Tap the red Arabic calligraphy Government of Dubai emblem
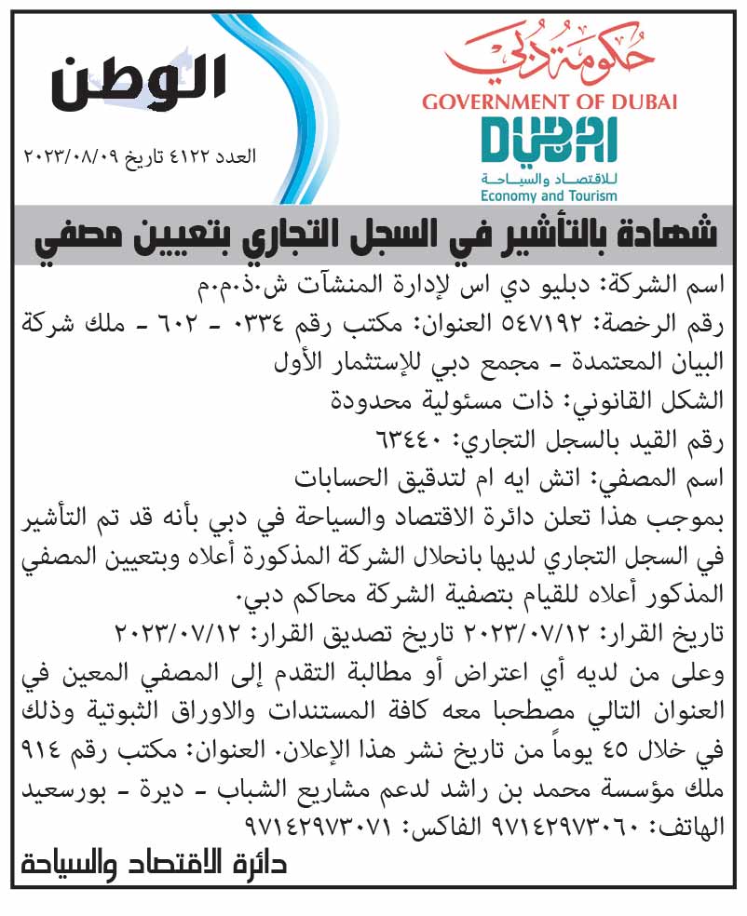click(x=549, y=55)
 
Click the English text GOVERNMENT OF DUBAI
click(x=549, y=101)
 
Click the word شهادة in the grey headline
click(x=673, y=233)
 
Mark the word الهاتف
click(x=692, y=827)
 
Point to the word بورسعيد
click(x=54, y=789)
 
